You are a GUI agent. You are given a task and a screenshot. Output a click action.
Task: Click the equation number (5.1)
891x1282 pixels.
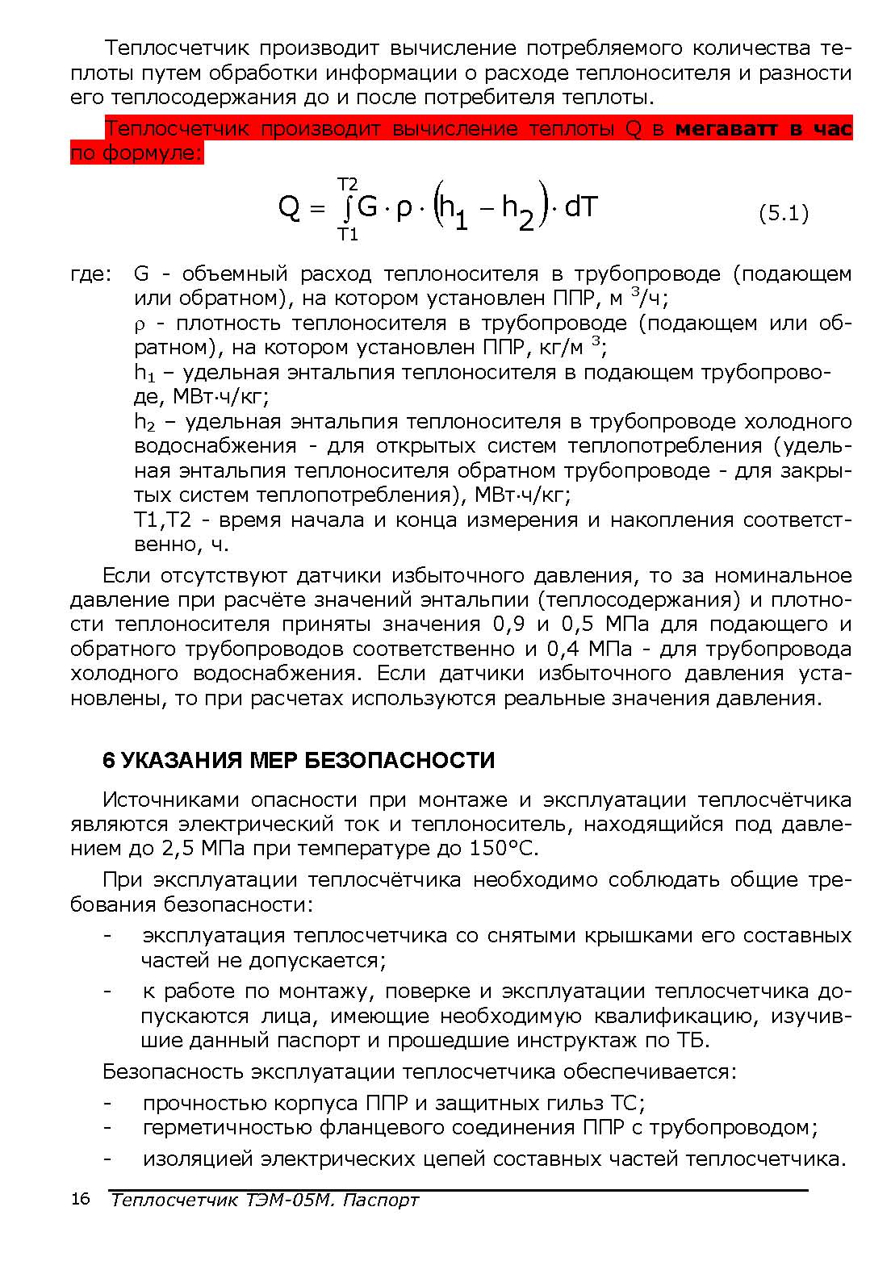(x=783, y=214)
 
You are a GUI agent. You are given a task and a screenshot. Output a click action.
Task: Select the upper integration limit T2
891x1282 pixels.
(x=348, y=185)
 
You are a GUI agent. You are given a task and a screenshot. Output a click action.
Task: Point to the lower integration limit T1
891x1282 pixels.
(x=348, y=235)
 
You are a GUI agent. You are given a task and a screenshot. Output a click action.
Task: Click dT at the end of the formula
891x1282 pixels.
(x=580, y=208)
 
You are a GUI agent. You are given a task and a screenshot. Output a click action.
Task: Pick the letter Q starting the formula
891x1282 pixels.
(x=289, y=209)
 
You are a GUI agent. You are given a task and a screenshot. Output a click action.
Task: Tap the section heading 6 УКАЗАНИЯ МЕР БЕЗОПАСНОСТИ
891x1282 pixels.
(x=299, y=760)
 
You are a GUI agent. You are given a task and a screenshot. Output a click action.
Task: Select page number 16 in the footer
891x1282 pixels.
(x=81, y=1199)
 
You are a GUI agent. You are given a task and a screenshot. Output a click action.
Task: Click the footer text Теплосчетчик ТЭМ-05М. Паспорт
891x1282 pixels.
(x=265, y=1200)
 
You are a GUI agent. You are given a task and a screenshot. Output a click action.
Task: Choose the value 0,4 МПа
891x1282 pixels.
(x=588, y=649)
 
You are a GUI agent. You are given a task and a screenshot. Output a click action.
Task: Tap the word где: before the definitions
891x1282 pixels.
(x=89, y=274)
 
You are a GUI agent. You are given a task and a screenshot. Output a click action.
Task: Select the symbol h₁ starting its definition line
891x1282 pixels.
(x=144, y=374)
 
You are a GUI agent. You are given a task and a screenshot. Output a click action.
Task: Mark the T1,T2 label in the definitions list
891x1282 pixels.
(x=162, y=520)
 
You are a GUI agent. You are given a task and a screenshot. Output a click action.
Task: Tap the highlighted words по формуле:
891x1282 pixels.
(x=136, y=153)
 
